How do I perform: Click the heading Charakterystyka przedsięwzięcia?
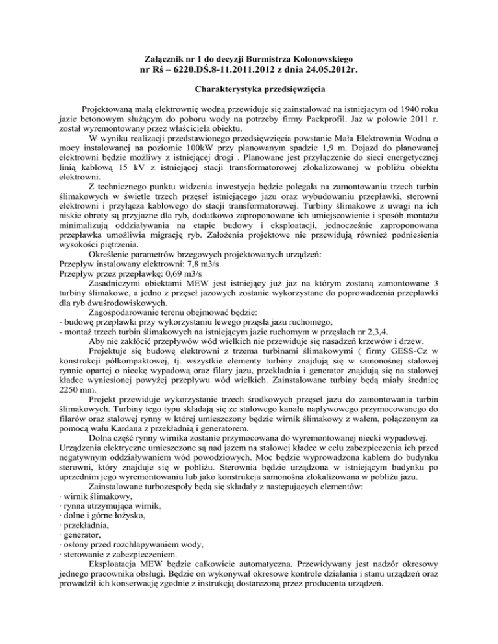click(x=248, y=87)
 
